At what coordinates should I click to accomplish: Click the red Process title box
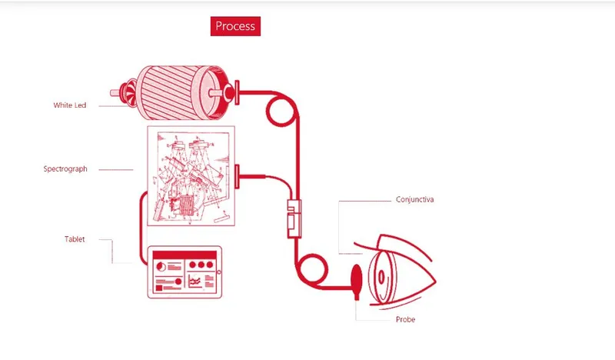(235, 26)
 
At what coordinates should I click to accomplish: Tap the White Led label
(70, 105)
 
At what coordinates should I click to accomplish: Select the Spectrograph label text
(65, 168)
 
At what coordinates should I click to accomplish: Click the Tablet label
(75, 239)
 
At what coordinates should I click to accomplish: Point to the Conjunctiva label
(414, 199)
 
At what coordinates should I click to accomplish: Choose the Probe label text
(405, 319)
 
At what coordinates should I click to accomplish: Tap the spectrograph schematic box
(191, 176)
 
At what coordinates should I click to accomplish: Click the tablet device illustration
(184, 272)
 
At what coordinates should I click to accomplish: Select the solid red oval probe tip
(357, 278)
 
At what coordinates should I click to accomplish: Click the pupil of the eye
(381, 277)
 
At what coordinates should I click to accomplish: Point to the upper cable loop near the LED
(281, 112)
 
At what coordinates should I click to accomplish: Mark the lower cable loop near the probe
(312, 269)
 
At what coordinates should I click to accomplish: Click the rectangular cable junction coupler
(294, 218)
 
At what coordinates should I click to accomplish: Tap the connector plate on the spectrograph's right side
(237, 177)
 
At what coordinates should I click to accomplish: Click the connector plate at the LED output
(237, 92)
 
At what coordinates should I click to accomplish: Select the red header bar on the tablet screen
(184, 255)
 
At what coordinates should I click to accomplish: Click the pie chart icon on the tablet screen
(161, 267)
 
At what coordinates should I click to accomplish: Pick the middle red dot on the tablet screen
(201, 265)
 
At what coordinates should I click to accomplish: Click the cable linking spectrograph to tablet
(141, 228)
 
